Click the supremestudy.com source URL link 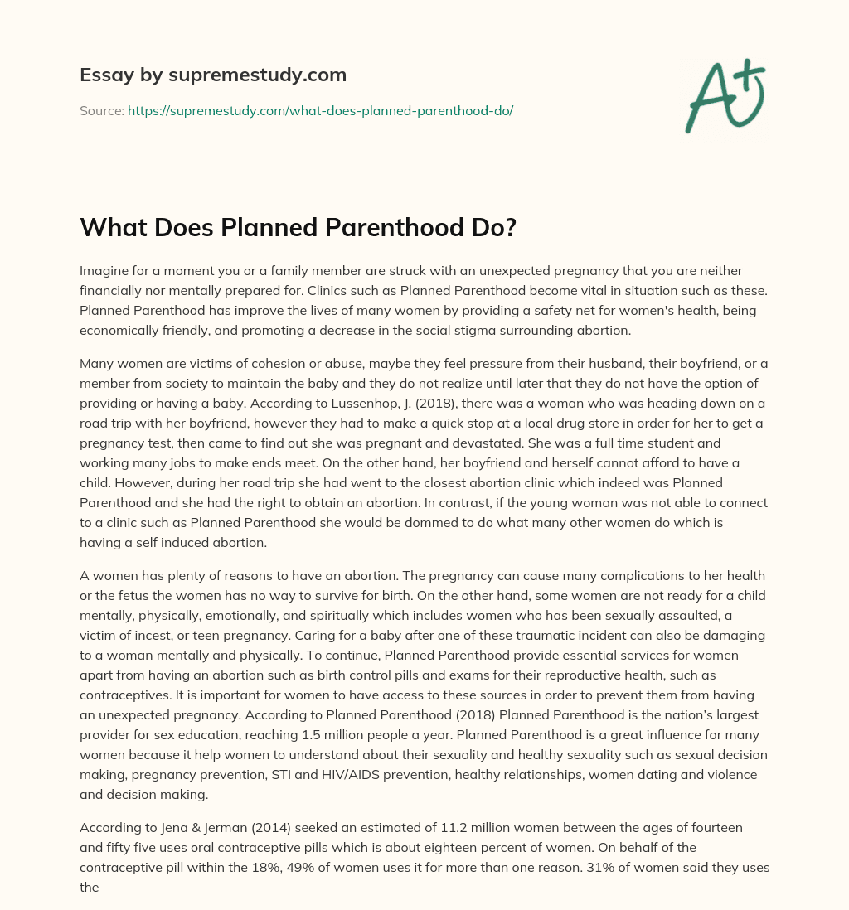coord(320,110)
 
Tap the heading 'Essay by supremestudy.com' coord(213,75)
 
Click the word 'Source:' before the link coord(102,110)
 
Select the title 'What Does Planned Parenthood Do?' coord(298,229)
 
